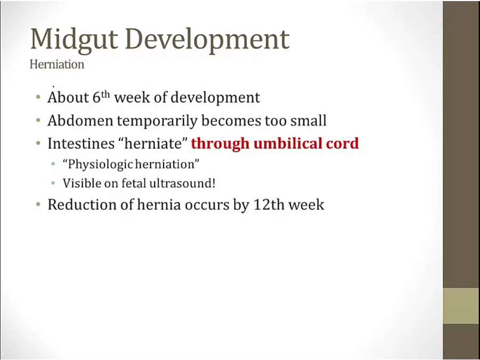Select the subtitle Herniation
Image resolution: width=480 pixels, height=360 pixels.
[57, 65]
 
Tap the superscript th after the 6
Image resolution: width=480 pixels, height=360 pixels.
[106, 93]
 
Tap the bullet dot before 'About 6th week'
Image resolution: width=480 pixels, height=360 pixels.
[38, 98]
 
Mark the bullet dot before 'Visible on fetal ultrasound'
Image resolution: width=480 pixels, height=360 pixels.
[53, 183]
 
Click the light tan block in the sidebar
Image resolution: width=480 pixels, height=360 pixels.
[461, 306]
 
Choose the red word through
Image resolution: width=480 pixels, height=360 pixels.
[220, 143]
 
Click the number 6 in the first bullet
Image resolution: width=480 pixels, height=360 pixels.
[97, 97]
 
